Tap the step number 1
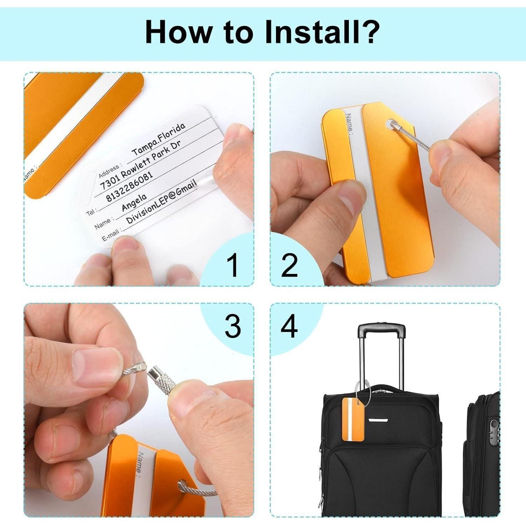232,265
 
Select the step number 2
289,265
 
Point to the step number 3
232,326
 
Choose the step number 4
289,326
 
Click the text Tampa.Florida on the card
158,140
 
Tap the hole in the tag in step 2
390,123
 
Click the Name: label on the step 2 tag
349,122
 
